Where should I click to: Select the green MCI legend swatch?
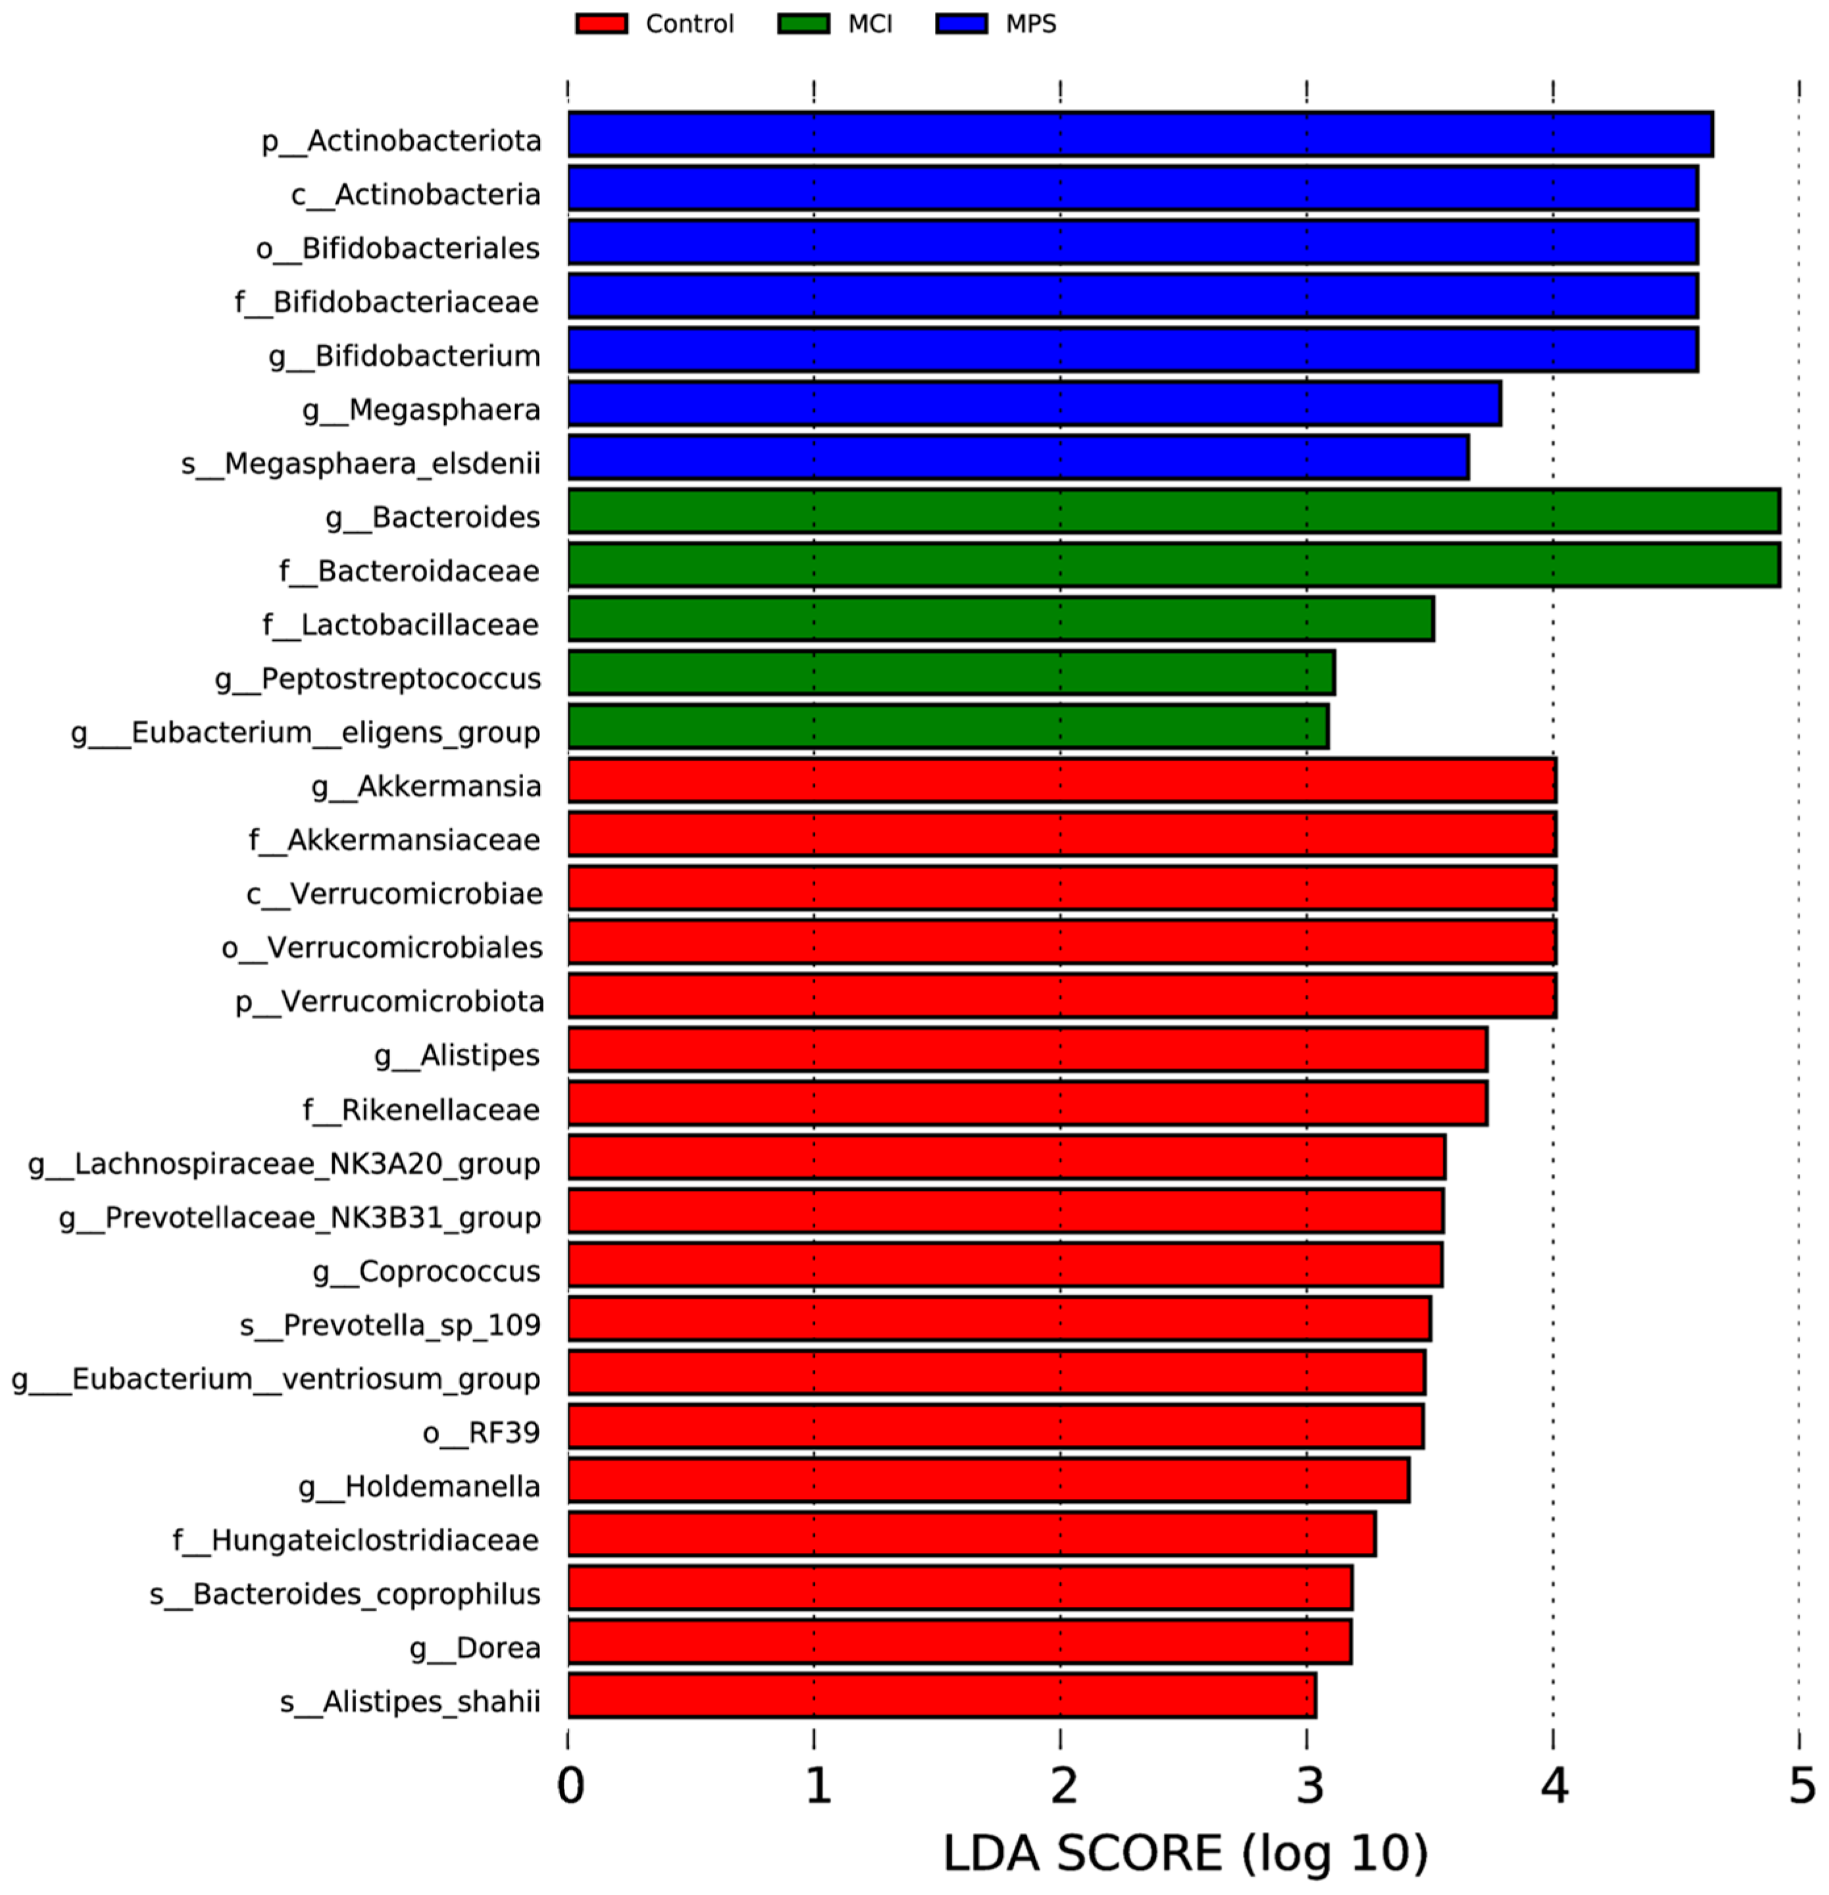[803, 23]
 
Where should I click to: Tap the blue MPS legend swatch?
[961, 23]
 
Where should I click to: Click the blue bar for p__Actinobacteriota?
[1139, 134]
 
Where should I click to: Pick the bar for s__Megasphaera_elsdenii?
[1017, 457]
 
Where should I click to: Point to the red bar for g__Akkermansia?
[1061, 780]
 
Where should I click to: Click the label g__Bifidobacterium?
[404, 356]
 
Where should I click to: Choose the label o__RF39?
[480, 1432]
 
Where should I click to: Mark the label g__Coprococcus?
[426, 1271]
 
